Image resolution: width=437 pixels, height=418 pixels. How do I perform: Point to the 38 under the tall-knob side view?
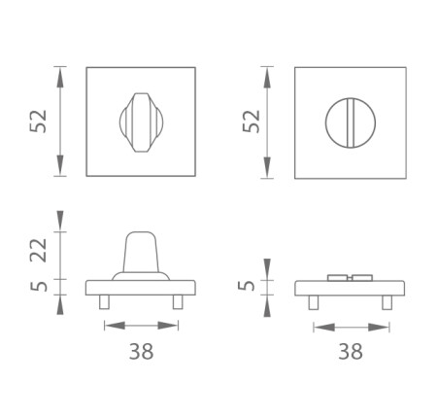tap(141, 351)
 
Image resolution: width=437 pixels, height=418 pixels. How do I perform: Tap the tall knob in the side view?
tap(142, 254)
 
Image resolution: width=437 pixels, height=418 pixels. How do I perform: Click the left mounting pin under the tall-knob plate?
tap(104, 303)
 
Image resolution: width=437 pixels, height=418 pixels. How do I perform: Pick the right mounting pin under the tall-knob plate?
tap(178, 303)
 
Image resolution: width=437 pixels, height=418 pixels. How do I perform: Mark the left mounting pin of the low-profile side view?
tap(313, 303)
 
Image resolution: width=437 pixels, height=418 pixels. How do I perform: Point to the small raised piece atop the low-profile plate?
tap(350, 278)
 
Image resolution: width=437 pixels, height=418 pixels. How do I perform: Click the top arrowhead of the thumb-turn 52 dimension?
tap(61, 71)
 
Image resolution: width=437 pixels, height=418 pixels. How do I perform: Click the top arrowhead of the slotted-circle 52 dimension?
tap(268, 71)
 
